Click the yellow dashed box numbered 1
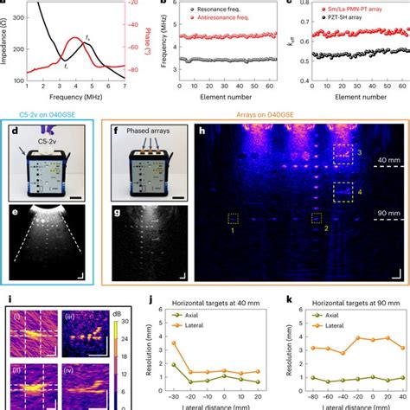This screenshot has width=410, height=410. pos(232,218)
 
